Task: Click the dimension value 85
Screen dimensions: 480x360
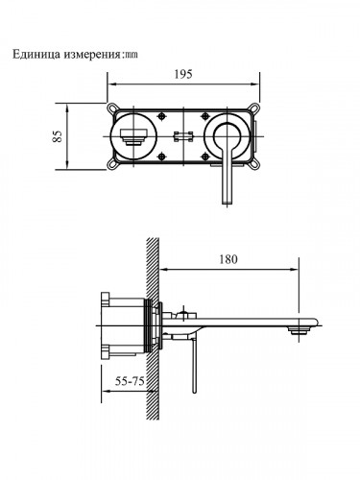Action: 59,136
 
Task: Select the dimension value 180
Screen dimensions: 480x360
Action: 228,259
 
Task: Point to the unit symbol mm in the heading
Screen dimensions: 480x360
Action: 133,54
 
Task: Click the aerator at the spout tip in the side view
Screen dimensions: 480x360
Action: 300,331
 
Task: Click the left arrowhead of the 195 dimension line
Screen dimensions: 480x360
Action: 108,90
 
